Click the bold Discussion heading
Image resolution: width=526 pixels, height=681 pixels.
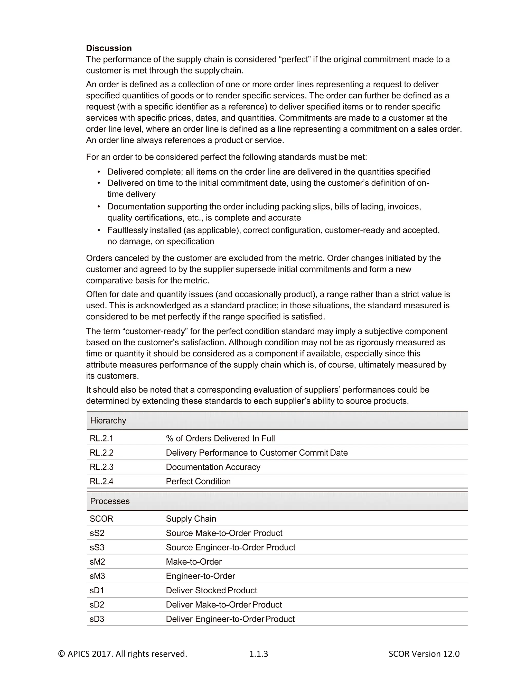click(109, 48)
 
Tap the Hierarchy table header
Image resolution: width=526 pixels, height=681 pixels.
click(108, 420)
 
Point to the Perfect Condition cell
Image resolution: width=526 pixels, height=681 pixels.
click(198, 481)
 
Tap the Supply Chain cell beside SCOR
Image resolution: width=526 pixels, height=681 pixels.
click(191, 519)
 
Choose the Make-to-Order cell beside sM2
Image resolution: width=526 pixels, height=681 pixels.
click(193, 562)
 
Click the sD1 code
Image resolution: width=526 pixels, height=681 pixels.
click(97, 590)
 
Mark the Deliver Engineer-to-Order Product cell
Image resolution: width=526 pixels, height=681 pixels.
click(230, 619)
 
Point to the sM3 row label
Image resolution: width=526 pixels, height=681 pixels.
click(97, 576)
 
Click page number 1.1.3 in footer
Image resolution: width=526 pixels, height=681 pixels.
click(258, 654)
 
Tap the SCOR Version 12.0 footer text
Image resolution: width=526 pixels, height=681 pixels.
click(424, 654)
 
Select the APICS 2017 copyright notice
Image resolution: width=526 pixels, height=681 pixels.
click(123, 654)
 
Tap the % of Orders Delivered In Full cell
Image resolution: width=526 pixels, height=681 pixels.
click(220, 438)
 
